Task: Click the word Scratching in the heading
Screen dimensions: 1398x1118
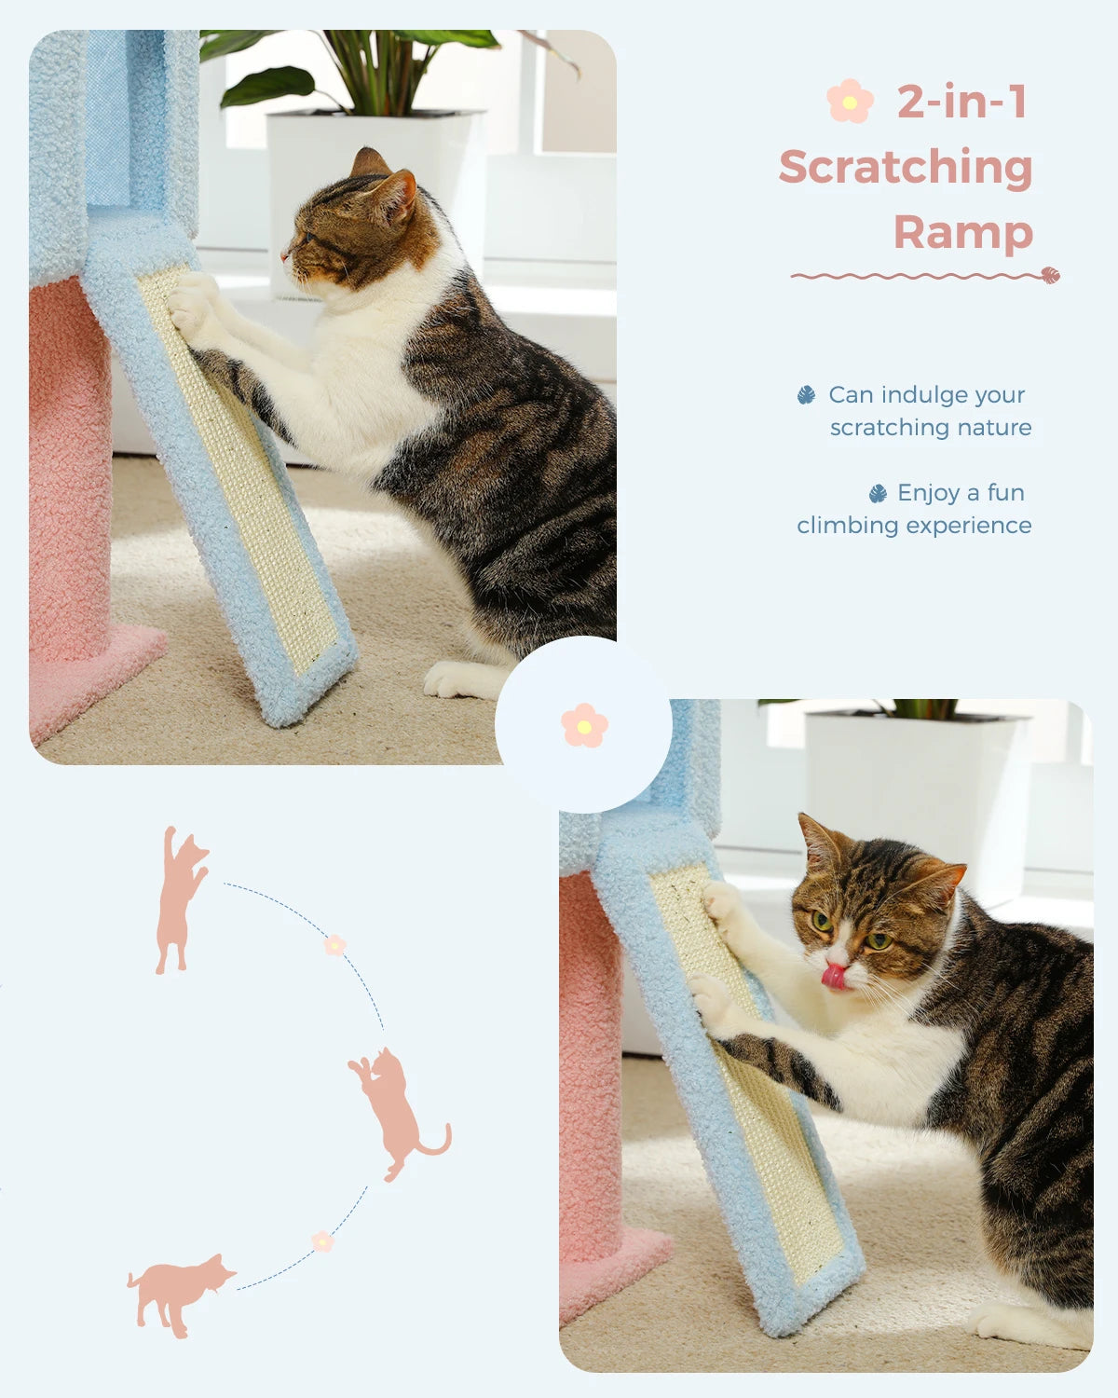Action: pyautogui.click(x=906, y=168)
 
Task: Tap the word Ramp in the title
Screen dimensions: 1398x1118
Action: pyautogui.click(x=963, y=232)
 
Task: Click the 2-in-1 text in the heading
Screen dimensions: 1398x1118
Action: pyautogui.click(x=961, y=102)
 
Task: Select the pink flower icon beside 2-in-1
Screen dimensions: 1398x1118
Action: pyautogui.click(x=850, y=102)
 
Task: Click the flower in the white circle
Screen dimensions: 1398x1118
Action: pyautogui.click(x=584, y=725)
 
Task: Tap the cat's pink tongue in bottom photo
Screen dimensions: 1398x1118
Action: pyautogui.click(x=834, y=977)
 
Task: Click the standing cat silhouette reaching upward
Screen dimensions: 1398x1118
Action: pyautogui.click(x=180, y=899)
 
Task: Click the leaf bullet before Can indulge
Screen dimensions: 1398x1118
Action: pyautogui.click(x=806, y=395)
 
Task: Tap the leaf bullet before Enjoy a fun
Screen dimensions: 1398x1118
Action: pyautogui.click(x=877, y=493)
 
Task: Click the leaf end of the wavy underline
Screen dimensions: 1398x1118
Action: pyautogui.click(x=1050, y=275)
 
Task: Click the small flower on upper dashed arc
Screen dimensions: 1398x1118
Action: pyautogui.click(x=334, y=945)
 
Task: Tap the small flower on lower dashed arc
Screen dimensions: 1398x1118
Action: pyautogui.click(x=322, y=1241)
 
